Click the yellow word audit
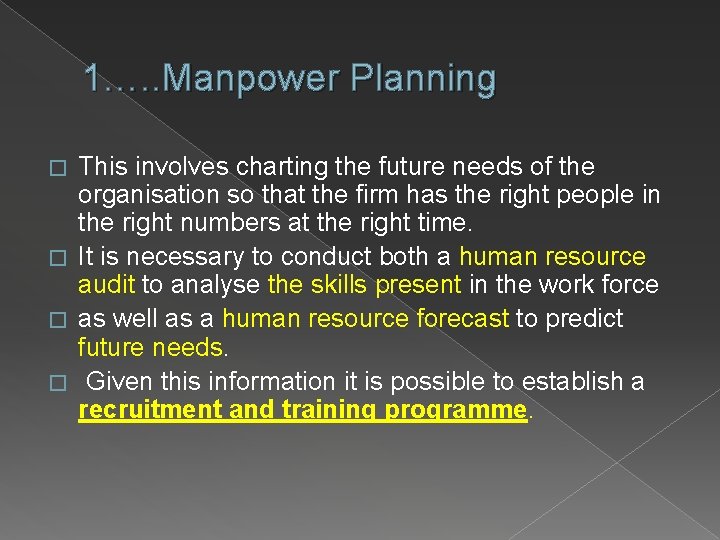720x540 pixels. click(x=106, y=284)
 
